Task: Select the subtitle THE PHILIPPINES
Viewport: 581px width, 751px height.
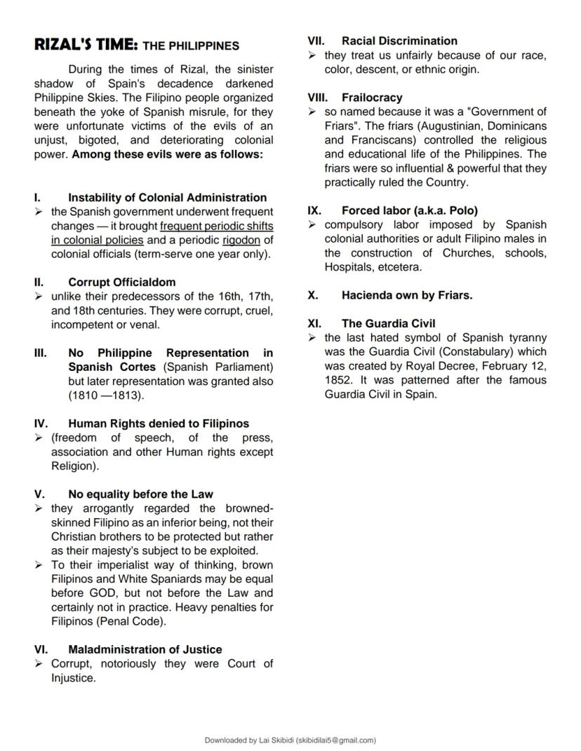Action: click(x=191, y=46)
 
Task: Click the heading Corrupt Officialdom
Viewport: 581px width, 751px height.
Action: click(x=122, y=282)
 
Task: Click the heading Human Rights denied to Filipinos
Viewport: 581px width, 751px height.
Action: click(x=158, y=424)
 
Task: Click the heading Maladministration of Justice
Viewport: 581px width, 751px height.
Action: click(x=145, y=649)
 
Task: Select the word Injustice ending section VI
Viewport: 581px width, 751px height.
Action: click(x=73, y=678)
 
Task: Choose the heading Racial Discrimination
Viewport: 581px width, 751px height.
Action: click(x=399, y=41)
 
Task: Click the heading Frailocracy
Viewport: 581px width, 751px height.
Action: click(x=372, y=97)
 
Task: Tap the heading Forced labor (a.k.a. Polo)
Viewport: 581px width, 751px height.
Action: click(x=410, y=210)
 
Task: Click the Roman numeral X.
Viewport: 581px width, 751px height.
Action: click(x=313, y=295)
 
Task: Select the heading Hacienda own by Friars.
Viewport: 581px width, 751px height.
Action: click(x=407, y=295)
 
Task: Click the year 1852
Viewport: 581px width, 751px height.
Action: click(x=338, y=380)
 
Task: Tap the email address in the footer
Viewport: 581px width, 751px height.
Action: click(x=335, y=740)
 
